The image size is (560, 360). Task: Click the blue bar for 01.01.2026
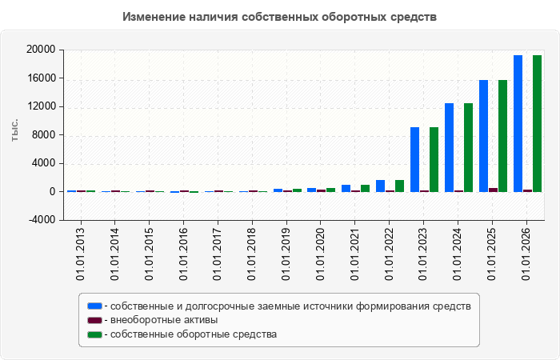tap(518, 123)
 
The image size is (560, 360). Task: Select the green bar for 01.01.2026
tap(537, 123)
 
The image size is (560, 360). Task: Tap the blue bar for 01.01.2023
tap(414, 160)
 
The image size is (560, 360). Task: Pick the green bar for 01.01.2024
tap(468, 147)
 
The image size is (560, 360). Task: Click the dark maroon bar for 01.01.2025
tap(494, 190)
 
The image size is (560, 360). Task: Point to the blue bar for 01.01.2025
tap(483, 136)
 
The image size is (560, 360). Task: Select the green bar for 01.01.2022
tap(400, 186)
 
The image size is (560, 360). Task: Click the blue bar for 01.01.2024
tap(449, 147)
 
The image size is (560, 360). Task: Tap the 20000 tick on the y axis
tap(41, 50)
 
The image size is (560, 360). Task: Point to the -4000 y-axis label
tap(42, 220)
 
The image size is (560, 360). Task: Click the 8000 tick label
tap(44, 134)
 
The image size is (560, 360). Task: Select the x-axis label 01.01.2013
tap(80, 254)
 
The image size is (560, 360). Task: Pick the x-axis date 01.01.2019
tap(286, 254)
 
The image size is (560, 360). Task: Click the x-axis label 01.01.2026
tap(526, 254)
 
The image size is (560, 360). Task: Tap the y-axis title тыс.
tap(14, 130)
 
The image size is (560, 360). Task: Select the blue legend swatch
tap(94, 306)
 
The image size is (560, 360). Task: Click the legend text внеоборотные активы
tap(164, 320)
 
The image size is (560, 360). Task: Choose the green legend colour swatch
tap(94, 334)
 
